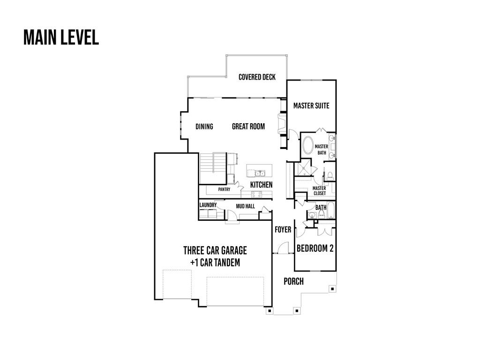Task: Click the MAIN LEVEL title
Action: (61, 37)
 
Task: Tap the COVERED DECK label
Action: (257, 77)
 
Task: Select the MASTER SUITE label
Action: (311, 105)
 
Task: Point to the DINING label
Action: (204, 127)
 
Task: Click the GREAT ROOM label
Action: (248, 127)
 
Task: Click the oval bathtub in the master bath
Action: (308, 146)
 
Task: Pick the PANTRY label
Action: (224, 190)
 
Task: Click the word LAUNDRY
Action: (208, 205)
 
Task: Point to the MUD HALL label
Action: (245, 206)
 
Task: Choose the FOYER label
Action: (283, 230)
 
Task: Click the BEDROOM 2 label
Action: (315, 248)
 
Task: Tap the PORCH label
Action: (293, 281)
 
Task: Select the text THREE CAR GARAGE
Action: (215, 250)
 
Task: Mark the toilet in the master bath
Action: (330, 176)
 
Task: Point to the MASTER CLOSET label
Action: (319, 191)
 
